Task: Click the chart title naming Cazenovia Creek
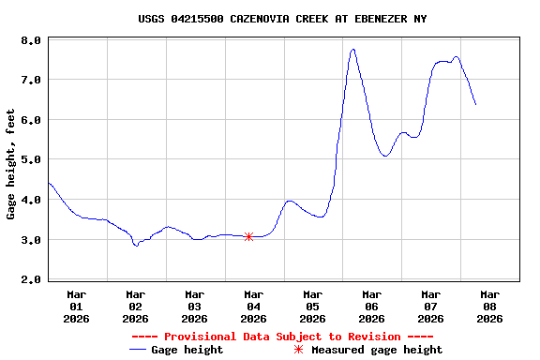pyautogui.click(x=282, y=19)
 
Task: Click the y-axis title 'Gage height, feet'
pyautogui.click(x=11, y=164)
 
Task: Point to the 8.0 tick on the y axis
pyautogui.click(x=30, y=40)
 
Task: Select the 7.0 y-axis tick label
pyautogui.click(x=30, y=81)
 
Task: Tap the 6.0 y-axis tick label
pyautogui.click(x=30, y=120)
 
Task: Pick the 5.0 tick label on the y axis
pyautogui.click(x=30, y=160)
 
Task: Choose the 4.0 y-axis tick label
pyautogui.click(x=30, y=200)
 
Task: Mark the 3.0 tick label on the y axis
pyautogui.click(x=30, y=240)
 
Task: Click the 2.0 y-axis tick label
pyautogui.click(x=30, y=279)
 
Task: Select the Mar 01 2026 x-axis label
pyautogui.click(x=77, y=306)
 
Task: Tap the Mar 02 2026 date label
pyautogui.click(x=136, y=306)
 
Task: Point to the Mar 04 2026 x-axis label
pyautogui.click(x=254, y=306)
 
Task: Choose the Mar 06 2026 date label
pyautogui.click(x=372, y=306)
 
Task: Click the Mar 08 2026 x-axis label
pyautogui.click(x=489, y=306)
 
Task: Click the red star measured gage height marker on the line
pyautogui.click(x=248, y=236)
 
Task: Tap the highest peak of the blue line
pyautogui.click(x=353, y=49)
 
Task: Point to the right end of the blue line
pyautogui.click(x=475, y=104)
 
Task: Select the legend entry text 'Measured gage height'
pyautogui.click(x=377, y=350)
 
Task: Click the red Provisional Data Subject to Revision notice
pyautogui.click(x=282, y=337)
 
